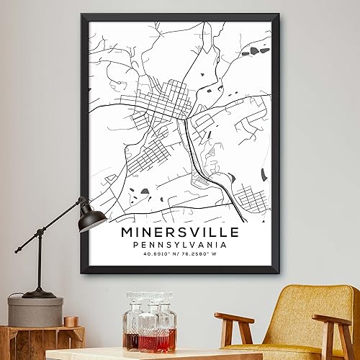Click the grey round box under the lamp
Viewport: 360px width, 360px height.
pyautogui.click(x=35, y=311)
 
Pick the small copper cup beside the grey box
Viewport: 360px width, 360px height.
pyautogui.click(x=71, y=321)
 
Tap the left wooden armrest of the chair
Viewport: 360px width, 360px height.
pyautogui.click(x=234, y=318)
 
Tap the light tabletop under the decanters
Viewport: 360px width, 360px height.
pyautogui.click(x=151, y=354)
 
